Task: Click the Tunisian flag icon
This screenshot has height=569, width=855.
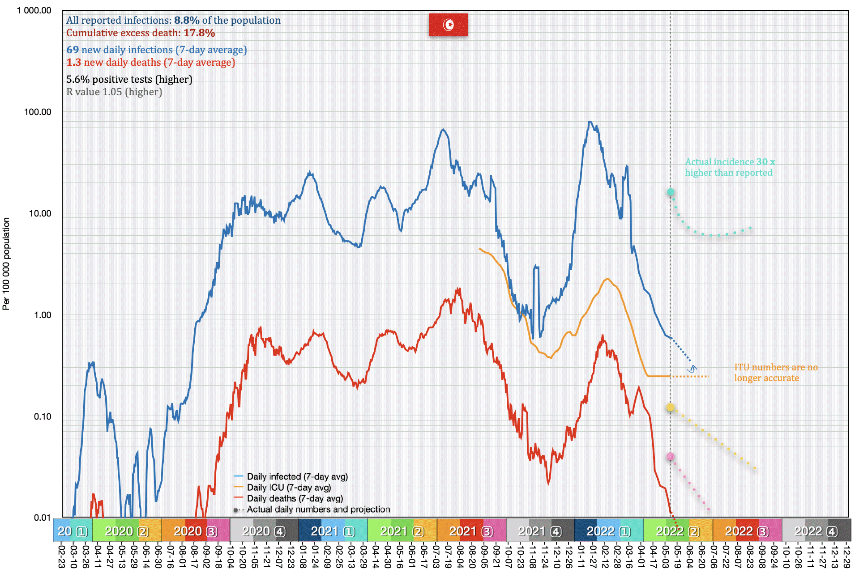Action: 448,25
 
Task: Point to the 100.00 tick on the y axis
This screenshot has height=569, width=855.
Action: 38,112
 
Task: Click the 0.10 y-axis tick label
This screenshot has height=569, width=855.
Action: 43,416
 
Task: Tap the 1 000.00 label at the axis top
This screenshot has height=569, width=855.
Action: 34,10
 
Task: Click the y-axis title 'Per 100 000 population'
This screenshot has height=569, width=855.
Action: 6,263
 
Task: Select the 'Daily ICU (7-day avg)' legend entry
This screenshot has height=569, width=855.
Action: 289,488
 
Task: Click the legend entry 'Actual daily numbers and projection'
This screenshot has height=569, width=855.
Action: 318,510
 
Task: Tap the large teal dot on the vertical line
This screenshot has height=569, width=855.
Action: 671,192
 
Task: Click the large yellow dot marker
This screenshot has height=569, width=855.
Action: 670,408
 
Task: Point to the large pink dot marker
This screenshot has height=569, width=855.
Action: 670,457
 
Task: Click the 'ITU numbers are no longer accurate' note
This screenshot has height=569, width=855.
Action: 775,373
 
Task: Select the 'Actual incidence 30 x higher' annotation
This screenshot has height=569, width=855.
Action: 730,167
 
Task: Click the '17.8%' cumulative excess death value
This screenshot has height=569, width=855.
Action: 199,33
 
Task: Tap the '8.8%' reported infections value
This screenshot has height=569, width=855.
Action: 187,21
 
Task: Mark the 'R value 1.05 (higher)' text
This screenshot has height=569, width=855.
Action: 114,92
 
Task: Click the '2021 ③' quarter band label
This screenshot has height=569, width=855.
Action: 471,531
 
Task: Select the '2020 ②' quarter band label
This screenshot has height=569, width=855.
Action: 127,531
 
